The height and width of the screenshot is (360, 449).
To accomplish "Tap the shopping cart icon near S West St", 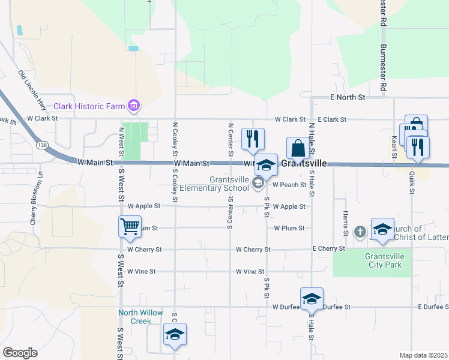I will pos(130,227).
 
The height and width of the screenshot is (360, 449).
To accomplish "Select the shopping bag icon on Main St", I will pos(298,148).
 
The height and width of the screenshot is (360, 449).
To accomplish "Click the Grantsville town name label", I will pos(304,163).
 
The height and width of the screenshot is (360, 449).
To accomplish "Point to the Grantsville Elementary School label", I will pos(229,184).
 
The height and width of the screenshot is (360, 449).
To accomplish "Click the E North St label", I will pos(348,97).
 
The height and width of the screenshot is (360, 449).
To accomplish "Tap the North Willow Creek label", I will pos(140,317).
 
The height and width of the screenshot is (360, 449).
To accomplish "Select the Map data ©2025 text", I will pos(424,355).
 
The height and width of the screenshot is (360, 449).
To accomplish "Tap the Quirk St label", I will pos(412,181).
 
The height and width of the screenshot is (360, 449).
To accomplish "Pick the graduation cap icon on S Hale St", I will pos(312,298).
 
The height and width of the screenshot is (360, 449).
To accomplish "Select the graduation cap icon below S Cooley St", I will pos(175,334).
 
